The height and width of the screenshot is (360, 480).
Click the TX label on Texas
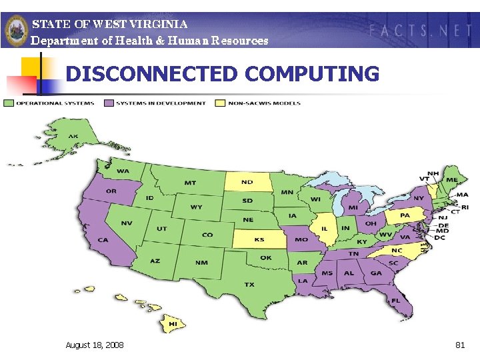click(x=249, y=285)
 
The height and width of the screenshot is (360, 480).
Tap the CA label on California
click(x=103, y=240)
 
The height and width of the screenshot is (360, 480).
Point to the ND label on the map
click(x=247, y=182)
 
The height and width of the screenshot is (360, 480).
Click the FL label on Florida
click(x=395, y=301)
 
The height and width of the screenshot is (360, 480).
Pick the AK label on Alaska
click(x=73, y=137)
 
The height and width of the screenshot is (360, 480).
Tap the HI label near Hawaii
click(x=172, y=324)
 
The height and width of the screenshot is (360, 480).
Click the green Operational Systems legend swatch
click(x=9, y=103)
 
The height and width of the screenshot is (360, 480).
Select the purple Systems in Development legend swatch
click(x=109, y=103)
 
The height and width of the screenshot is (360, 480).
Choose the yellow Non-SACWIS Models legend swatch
click(x=221, y=103)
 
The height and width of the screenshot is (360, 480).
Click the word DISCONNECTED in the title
click(x=152, y=74)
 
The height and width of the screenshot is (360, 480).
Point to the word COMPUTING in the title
click(x=312, y=74)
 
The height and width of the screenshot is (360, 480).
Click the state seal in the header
click(x=16, y=30)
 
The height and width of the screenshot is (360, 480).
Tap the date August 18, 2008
click(x=94, y=345)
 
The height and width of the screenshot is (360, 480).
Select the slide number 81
click(x=459, y=345)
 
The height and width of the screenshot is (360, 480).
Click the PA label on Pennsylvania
click(x=405, y=215)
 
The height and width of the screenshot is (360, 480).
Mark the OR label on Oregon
click(x=111, y=191)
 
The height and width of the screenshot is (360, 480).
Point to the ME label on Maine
click(x=452, y=180)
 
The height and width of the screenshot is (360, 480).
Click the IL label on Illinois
click(x=325, y=228)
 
